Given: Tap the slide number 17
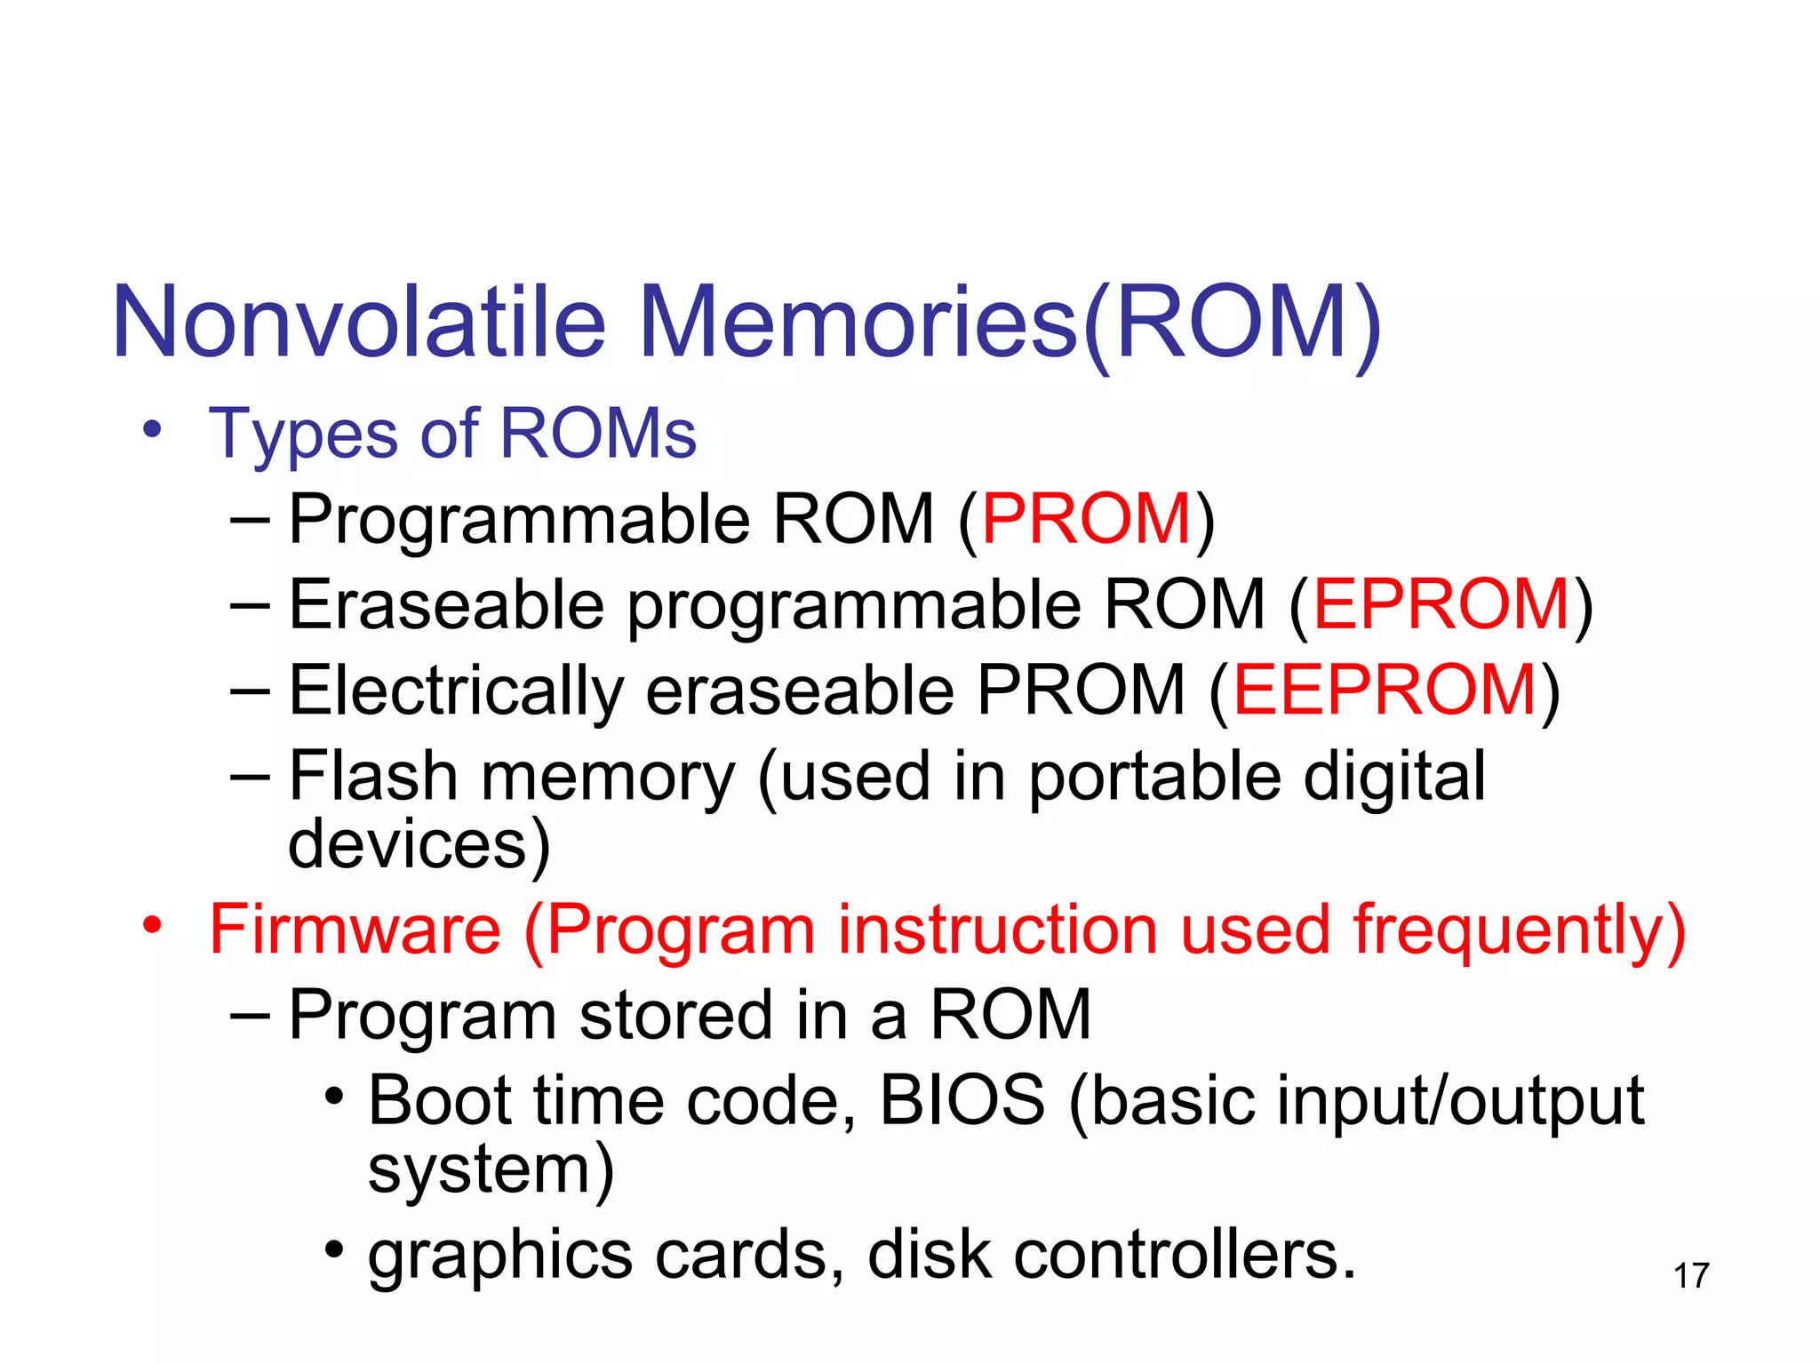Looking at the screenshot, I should pyautogui.click(x=1691, y=1276).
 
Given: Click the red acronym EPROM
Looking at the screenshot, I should pyautogui.click(x=1441, y=604).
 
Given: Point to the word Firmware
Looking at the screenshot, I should pyautogui.click(x=355, y=930).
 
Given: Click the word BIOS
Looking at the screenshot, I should pyautogui.click(x=962, y=1100).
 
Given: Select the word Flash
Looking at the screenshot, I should pyautogui.click(x=373, y=776).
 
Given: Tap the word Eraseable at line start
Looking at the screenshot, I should pyautogui.click(x=447, y=604).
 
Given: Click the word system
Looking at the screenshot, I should pyautogui.click(x=480, y=1171).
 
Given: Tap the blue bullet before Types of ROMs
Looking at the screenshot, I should pyautogui.click(x=153, y=429).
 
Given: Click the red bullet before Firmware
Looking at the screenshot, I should pyautogui.click(x=153, y=925).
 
